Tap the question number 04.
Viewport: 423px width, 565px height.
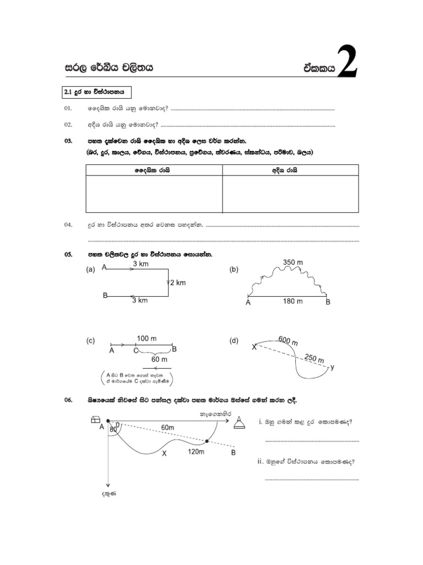pos(68,225)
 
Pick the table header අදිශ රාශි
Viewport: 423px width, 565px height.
pos(291,171)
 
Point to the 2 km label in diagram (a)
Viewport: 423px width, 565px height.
pos(177,282)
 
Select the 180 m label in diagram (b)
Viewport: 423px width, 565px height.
pos(292,301)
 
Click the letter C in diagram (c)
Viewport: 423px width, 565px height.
pos(135,350)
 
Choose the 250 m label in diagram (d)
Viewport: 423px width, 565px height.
pos(314,359)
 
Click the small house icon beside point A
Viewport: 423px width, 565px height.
pos(93,421)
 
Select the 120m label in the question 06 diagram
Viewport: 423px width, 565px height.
pos(197,452)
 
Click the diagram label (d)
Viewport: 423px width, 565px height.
pos(234,341)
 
